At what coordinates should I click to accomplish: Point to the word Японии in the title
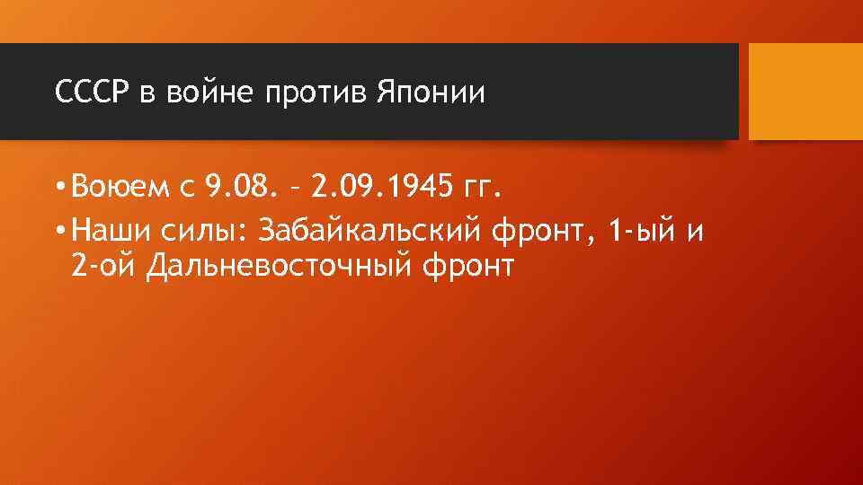429,93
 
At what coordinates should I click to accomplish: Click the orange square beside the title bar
805,92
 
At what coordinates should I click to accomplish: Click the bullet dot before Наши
58,232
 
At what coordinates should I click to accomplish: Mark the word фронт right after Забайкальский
546,232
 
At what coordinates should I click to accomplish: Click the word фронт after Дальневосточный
470,268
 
